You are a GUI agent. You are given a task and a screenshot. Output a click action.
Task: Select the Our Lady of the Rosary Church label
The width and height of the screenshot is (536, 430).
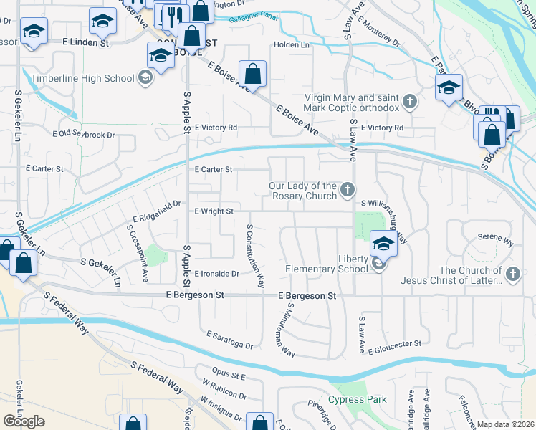[302, 191]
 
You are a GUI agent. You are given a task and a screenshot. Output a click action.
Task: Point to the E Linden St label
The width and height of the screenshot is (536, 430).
[85, 43]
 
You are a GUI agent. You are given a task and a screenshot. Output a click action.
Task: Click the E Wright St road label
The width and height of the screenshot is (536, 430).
[214, 211]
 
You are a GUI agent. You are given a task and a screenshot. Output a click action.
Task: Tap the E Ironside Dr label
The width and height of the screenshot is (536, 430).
[216, 274]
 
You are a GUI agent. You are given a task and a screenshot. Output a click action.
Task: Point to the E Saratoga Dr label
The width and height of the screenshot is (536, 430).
[229, 340]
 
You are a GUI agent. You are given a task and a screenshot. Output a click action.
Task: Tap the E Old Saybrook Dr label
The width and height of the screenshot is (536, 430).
[84, 135]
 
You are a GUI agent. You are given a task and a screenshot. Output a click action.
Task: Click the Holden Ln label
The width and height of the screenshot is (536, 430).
[291, 44]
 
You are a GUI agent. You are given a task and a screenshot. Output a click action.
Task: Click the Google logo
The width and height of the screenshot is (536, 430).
[24, 421]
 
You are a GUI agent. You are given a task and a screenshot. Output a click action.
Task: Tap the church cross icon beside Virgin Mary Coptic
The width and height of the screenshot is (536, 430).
[409, 101]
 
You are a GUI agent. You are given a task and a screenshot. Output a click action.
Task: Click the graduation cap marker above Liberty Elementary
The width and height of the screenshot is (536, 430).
[383, 244]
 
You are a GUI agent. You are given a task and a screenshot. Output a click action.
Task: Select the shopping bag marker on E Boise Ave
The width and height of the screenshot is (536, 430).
[252, 73]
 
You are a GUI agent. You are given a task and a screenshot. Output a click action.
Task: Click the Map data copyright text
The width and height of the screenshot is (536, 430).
[506, 424]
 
